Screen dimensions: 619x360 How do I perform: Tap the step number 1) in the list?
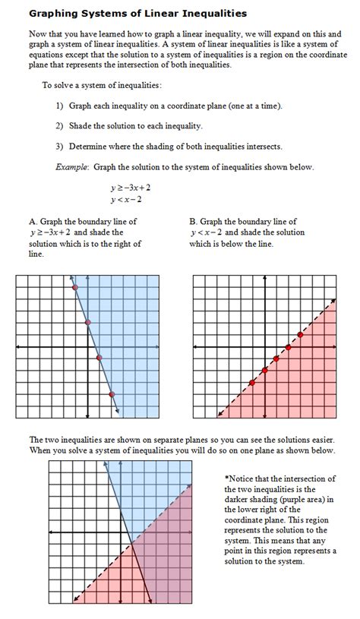(x=59, y=106)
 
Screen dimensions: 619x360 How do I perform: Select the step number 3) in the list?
(x=59, y=147)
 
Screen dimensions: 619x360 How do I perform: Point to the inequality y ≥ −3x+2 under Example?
(x=130, y=187)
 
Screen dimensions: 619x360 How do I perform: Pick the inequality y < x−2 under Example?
(x=126, y=200)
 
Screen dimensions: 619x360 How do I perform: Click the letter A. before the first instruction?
(x=33, y=222)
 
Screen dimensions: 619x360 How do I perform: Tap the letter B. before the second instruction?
(x=194, y=222)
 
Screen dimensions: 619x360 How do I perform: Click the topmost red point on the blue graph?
(x=74, y=288)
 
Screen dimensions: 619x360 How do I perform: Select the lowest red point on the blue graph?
(x=112, y=394)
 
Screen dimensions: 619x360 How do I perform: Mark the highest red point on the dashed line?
(x=301, y=335)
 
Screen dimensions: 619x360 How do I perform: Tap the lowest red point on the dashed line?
(x=251, y=383)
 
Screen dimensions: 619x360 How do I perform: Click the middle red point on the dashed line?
(x=276, y=358)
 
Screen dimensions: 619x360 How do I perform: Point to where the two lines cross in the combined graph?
(x=131, y=542)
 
